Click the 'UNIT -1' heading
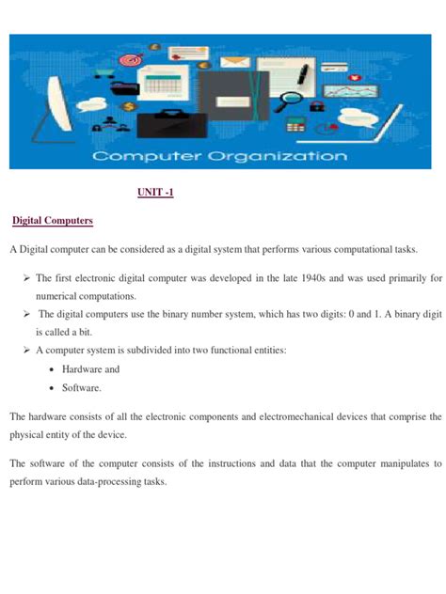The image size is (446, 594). point(155,193)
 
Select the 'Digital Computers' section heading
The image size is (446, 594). point(52,220)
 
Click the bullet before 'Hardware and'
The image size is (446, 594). point(50,369)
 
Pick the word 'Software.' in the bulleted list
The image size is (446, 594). point(81,387)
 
